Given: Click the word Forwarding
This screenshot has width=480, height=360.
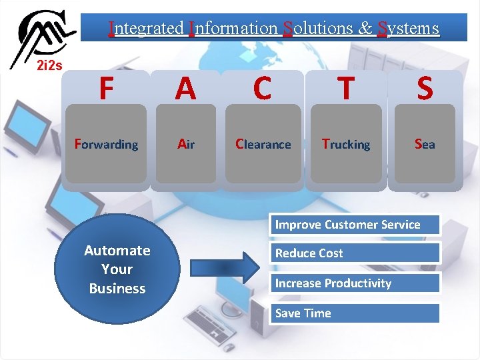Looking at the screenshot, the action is coord(107,144).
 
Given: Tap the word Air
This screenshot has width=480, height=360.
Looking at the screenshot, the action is coord(185,144).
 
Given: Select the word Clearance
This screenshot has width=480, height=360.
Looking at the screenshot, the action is coord(263,144).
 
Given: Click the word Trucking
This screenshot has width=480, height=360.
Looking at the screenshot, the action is coord(345,144).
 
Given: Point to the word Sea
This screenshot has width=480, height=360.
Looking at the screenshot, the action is coord(425,144).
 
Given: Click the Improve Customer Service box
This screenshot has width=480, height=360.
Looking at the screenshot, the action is coord(355,225).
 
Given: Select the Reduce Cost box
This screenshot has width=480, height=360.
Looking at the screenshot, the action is coord(355,253).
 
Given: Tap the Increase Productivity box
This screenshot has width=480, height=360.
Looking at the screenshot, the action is coord(355,283).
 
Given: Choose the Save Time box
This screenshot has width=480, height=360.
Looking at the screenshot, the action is coord(355,313).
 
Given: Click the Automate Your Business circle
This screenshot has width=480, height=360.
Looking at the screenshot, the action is coord(117,269).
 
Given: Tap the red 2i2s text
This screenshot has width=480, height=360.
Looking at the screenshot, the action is coord(49,65).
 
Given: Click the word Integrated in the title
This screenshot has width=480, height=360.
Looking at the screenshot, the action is coord(147,28).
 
